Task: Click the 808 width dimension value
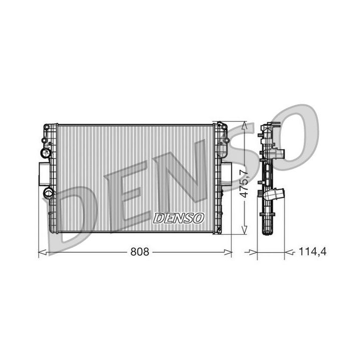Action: point(140,253)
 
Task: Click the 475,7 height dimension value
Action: point(244,185)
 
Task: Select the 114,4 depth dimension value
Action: point(312,253)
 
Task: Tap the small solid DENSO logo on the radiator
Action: point(179,218)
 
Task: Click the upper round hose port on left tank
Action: point(46,152)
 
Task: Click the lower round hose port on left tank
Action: point(49,192)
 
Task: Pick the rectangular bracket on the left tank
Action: point(44,173)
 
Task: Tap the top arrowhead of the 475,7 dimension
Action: point(244,125)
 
